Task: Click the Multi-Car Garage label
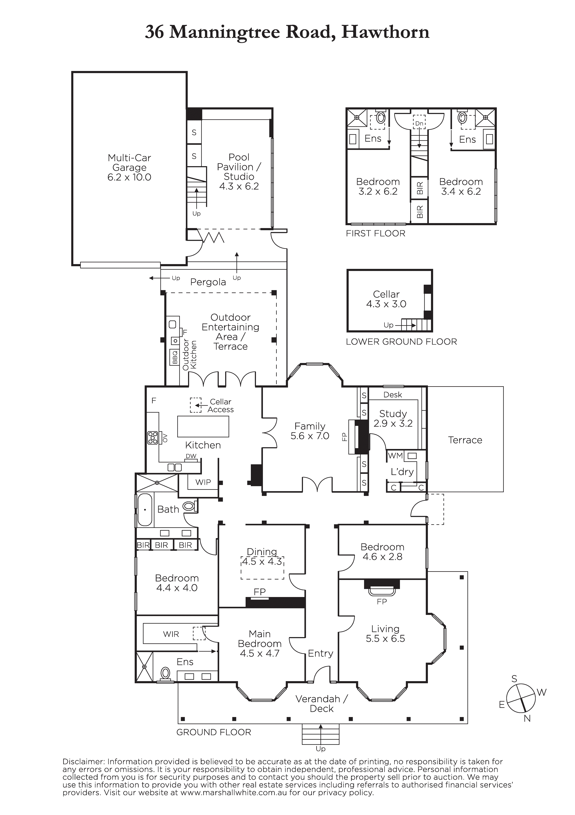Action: pyautogui.click(x=129, y=167)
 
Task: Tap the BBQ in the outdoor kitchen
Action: pyautogui.click(x=174, y=357)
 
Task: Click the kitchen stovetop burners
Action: pyautogui.click(x=153, y=438)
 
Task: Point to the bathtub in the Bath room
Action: pyautogui.click(x=145, y=510)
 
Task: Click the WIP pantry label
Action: pyautogui.click(x=203, y=482)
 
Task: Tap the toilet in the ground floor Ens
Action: pyautogui.click(x=165, y=673)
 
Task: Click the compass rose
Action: pyautogui.click(x=521, y=698)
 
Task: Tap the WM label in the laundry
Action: pyautogui.click(x=395, y=455)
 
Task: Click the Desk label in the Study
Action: pyautogui.click(x=393, y=395)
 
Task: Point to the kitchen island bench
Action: pyautogui.click(x=203, y=426)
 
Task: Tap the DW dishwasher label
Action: pyautogui.click(x=191, y=456)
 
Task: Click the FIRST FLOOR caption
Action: pyautogui.click(x=375, y=233)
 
